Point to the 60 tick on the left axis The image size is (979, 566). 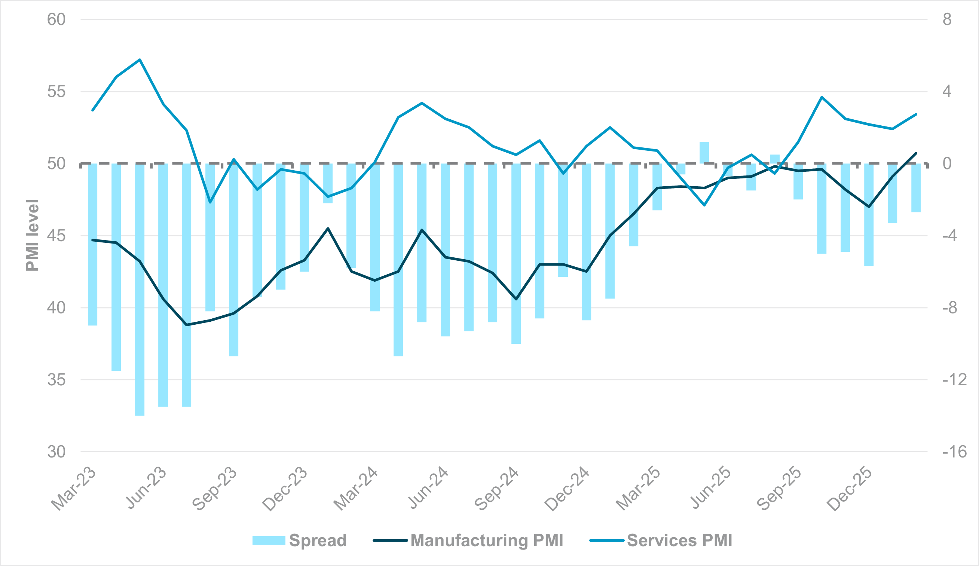click(56, 19)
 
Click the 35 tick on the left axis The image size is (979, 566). click(56, 380)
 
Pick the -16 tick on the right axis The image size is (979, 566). click(954, 452)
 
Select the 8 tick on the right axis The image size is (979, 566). click(947, 19)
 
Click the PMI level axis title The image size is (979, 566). click(33, 235)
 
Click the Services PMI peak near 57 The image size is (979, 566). click(140, 60)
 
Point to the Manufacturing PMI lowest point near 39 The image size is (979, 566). click(187, 325)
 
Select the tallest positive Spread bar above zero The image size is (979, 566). click(704, 153)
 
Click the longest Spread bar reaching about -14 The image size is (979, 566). click(140, 290)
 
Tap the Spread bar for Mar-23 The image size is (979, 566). click(92, 244)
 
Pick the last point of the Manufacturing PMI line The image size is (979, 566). click(916, 153)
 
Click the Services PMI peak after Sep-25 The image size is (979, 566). click(822, 97)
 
